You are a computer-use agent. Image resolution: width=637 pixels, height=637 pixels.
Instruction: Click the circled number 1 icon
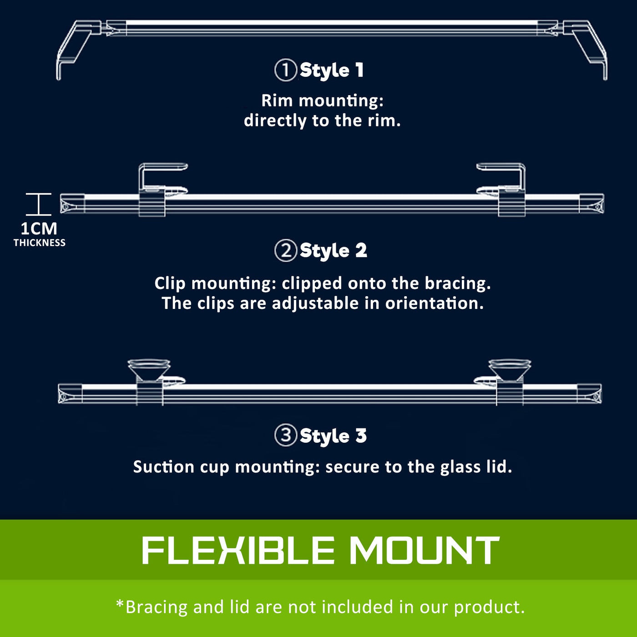[285, 70]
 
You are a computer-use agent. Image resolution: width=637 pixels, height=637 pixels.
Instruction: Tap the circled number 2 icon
[286, 251]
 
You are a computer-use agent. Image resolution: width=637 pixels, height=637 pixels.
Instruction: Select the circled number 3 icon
[286, 435]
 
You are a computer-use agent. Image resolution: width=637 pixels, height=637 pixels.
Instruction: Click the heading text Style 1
[332, 71]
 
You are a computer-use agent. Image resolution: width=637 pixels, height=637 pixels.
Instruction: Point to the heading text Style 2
[333, 251]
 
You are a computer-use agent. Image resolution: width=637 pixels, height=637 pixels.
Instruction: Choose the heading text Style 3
[333, 435]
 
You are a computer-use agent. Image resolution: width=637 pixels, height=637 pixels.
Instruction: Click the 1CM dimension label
[39, 229]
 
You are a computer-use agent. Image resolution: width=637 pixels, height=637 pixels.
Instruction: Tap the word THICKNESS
[39, 243]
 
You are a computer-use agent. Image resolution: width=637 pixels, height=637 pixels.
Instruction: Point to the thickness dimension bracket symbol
[39, 204]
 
